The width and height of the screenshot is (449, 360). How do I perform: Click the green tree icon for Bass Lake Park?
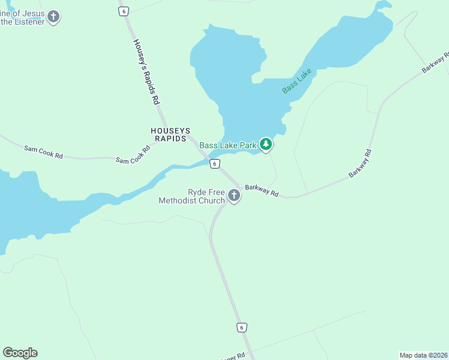[266, 144]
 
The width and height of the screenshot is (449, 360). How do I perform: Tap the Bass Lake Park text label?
[228, 145]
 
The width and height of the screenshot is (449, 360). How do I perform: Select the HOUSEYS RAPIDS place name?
[170, 134]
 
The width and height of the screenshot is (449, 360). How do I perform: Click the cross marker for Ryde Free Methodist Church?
[234, 196]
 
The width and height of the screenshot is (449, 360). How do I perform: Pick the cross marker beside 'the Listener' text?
[53, 16]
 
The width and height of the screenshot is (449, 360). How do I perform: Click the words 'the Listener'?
[22, 22]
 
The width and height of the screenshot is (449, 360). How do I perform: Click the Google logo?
[20, 353]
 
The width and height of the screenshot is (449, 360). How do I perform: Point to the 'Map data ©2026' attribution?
[423, 355]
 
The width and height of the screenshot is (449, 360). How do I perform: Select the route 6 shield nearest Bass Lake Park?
[214, 164]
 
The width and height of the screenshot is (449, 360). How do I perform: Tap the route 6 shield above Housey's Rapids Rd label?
[124, 11]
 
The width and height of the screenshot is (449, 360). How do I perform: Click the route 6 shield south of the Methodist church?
[241, 327]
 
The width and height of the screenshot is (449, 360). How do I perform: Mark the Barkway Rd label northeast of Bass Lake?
[435, 63]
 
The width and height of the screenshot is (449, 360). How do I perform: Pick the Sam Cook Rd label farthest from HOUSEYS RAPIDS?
[43, 152]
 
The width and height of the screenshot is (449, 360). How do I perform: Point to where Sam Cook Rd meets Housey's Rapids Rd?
[191, 139]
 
